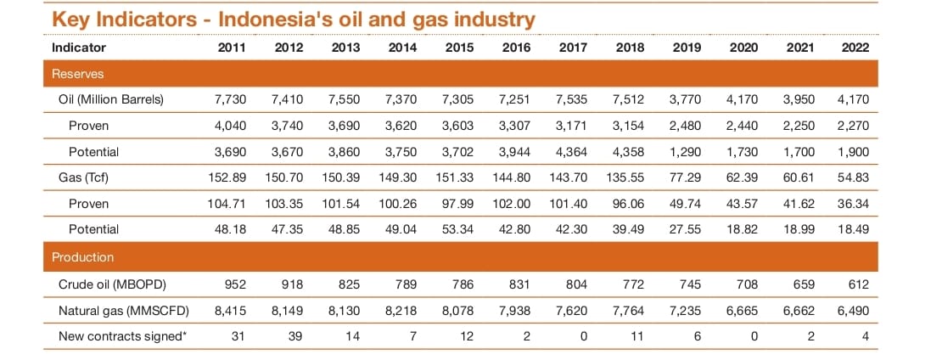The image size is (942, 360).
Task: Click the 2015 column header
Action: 459,48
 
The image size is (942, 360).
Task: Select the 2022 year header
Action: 855,48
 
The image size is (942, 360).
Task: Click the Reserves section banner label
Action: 78,74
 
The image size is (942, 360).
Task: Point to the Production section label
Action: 83,256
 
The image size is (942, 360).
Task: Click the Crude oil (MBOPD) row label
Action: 111,284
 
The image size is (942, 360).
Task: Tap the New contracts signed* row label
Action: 122,336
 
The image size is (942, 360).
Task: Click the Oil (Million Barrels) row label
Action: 111,99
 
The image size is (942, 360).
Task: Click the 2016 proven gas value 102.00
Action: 514,204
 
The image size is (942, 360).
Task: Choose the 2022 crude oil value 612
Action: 859,284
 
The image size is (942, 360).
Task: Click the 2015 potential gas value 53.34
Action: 458,229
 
